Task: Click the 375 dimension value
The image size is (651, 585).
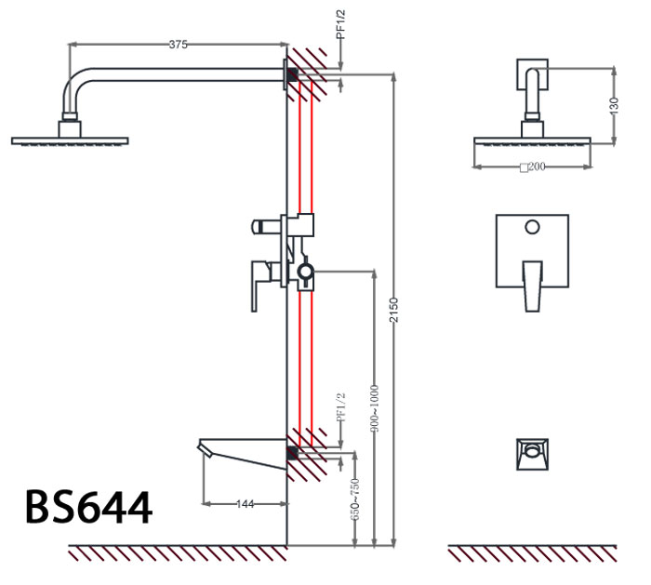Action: [178, 44]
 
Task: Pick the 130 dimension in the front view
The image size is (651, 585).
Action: [614, 105]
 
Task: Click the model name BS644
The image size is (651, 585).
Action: [88, 509]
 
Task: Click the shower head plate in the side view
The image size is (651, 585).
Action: [69, 141]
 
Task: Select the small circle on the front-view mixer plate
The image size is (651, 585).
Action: [532, 226]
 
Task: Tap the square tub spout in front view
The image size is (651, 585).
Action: [532, 454]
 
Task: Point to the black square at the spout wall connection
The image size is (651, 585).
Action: [292, 453]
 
